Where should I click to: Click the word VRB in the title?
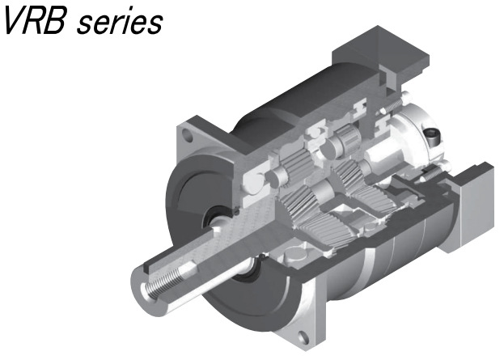tap(36, 21)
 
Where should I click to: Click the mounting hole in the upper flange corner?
tap(188, 135)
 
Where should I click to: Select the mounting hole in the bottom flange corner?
tap(303, 337)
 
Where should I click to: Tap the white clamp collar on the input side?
tap(418, 138)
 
